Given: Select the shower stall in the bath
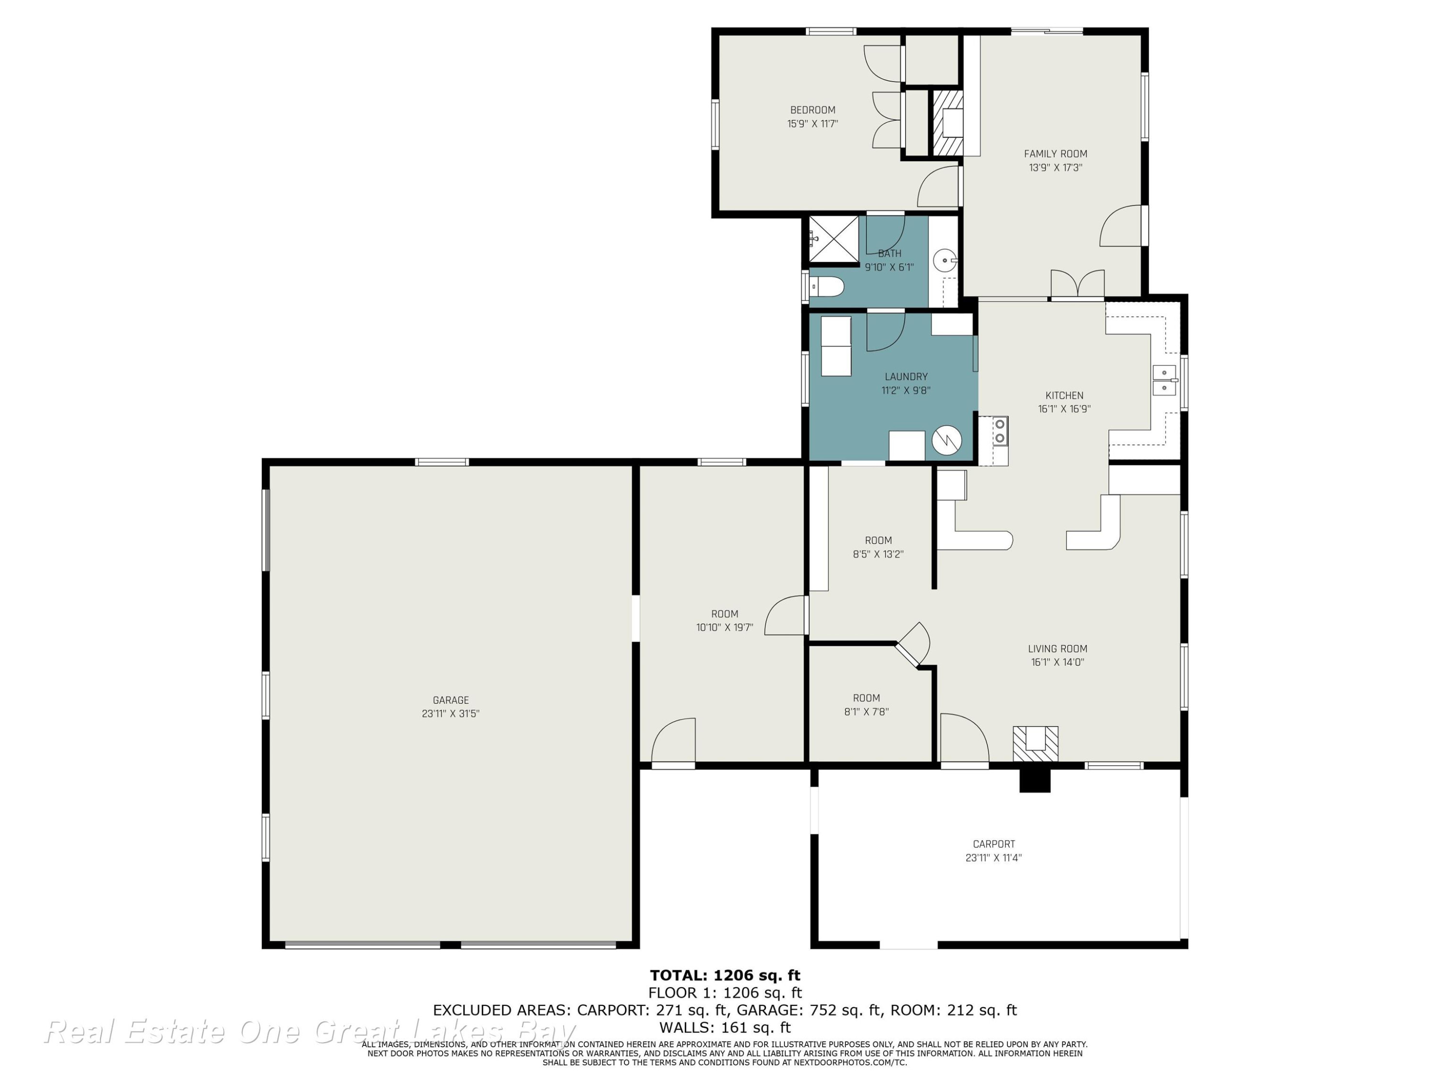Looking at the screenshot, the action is click(x=834, y=239).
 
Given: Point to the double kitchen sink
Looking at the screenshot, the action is click(x=1164, y=381).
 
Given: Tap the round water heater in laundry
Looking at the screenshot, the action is click(x=946, y=441).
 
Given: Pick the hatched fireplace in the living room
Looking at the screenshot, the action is click(x=1036, y=743).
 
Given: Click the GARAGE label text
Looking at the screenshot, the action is click(x=451, y=700).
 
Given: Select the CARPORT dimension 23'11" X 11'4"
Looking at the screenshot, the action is click(x=994, y=858).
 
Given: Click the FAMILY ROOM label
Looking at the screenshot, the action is click(x=1056, y=154).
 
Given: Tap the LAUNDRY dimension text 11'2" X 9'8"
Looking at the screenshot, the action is click(x=906, y=390).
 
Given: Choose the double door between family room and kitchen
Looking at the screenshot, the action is click(x=1078, y=285).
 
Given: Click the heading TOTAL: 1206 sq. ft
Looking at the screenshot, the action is click(x=725, y=975).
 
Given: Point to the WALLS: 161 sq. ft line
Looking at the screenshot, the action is click(x=725, y=1028).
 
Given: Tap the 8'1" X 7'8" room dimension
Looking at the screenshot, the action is click(x=867, y=712).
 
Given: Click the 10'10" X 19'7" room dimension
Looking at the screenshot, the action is click(x=725, y=628).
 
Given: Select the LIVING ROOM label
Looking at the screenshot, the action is click(x=1058, y=649).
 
